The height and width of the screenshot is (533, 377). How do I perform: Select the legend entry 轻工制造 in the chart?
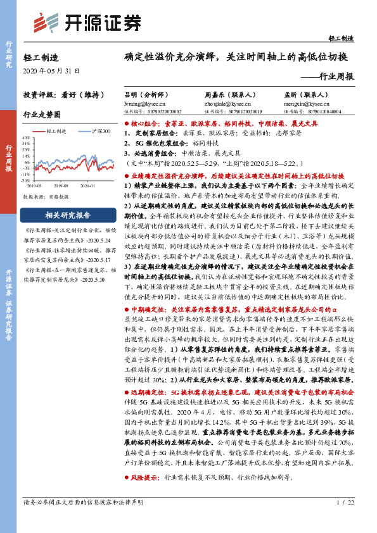coord(56,130)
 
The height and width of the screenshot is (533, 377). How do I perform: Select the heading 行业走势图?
coord(41,115)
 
